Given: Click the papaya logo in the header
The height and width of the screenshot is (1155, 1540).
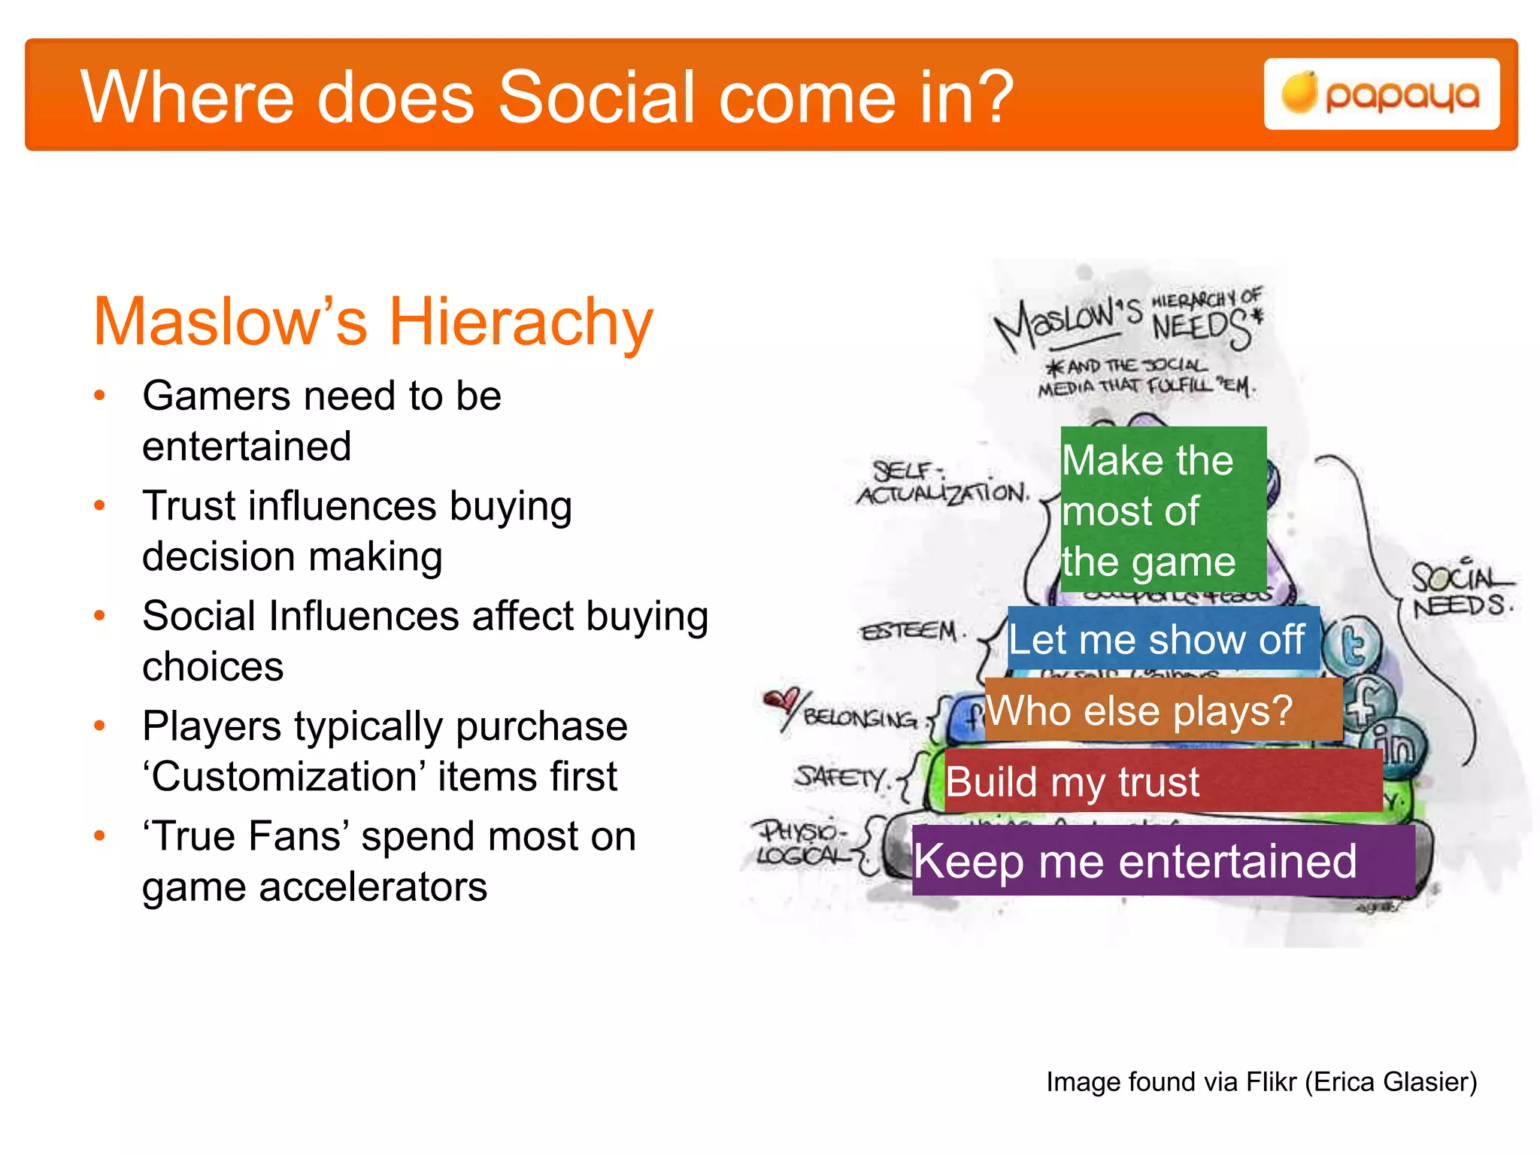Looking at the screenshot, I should (x=1381, y=95).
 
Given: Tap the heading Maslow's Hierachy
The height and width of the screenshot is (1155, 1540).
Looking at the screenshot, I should (x=372, y=322).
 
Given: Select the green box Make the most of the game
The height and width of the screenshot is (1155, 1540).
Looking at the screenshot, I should (x=1163, y=510).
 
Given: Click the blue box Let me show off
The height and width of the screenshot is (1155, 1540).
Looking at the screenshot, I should (x=1163, y=639).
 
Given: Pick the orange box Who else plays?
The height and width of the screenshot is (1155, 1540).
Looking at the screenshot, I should (x=1163, y=710).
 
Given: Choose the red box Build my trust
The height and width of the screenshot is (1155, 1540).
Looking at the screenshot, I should (x=1163, y=781).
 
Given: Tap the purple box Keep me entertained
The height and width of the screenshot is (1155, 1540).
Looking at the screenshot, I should (x=1163, y=860).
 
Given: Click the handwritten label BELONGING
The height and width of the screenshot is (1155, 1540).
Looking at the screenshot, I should (x=860, y=718).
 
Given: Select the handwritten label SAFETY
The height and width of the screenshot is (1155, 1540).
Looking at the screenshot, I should (x=841, y=776).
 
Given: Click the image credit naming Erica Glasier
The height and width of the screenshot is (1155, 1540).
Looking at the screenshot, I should (x=1261, y=1081).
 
